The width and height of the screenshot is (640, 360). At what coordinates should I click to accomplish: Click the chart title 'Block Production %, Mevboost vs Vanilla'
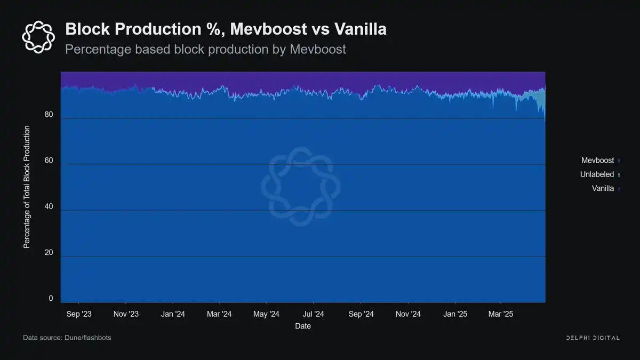click(x=226, y=29)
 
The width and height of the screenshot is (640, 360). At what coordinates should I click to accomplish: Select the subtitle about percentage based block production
click(x=205, y=50)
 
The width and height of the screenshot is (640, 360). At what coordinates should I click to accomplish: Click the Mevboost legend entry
click(x=597, y=161)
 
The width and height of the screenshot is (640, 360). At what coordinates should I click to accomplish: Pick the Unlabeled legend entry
click(x=597, y=174)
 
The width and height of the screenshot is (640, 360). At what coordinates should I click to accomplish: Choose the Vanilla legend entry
click(x=603, y=188)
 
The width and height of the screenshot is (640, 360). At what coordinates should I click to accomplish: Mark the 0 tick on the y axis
click(x=51, y=299)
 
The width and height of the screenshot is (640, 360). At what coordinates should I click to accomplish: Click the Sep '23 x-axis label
click(x=79, y=314)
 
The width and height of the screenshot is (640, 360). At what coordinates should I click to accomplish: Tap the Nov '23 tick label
click(x=126, y=314)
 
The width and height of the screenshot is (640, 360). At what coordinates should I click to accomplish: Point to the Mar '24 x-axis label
click(x=219, y=314)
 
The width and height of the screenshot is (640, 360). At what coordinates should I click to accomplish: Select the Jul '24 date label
click(x=313, y=314)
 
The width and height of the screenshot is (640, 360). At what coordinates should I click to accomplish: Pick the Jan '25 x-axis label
click(x=455, y=314)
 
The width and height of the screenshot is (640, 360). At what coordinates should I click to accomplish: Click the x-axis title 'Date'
click(x=303, y=326)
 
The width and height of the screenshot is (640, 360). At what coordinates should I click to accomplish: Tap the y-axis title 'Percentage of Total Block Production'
click(x=26, y=187)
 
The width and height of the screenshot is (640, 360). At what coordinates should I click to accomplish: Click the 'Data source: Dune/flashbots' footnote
click(x=67, y=338)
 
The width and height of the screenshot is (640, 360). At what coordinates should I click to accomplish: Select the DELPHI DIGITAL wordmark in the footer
click(x=592, y=338)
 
